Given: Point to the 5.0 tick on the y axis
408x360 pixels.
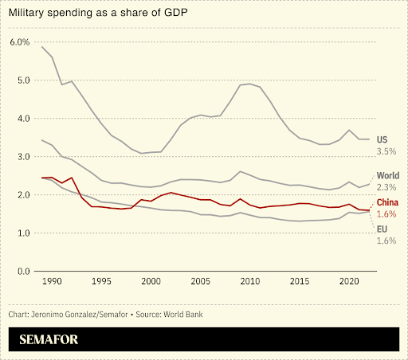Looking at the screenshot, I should point(22,80).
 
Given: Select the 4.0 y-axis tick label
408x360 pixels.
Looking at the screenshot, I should point(22,118).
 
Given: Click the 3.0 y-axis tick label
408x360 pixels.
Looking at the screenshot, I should point(22,156).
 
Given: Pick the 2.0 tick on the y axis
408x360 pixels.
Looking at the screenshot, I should point(22,194).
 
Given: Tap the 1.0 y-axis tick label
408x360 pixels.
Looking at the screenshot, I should point(22,233).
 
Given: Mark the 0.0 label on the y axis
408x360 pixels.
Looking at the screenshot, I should point(22,271).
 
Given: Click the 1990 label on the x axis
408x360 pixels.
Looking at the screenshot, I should point(52,282).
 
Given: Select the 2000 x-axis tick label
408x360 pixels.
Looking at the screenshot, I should point(151,282).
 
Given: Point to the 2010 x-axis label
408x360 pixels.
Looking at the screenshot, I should point(249,282).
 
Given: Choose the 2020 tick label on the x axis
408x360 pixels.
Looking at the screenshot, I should point(348,282).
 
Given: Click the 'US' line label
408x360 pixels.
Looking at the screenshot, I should point(382,139).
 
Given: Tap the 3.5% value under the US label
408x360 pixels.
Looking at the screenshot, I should point(386,151).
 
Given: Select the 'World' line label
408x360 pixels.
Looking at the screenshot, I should point(388,175).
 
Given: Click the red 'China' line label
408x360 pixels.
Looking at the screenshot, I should point(388,202).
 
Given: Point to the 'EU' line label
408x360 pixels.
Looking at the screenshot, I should point(382,229).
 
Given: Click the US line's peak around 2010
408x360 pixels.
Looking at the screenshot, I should point(249,84).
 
